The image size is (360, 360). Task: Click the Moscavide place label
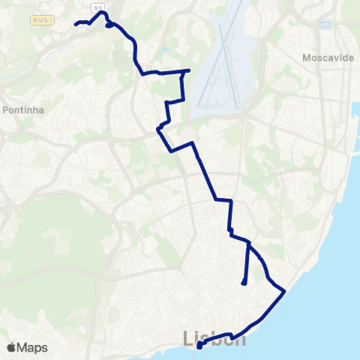(x=328, y=58)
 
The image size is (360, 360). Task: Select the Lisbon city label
(x=214, y=339)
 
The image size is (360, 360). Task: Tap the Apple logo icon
(x=12, y=347)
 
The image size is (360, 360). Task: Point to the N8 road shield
(x=98, y=7)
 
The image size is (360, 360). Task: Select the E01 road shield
(x=325, y=25)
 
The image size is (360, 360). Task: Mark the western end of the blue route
(x=76, y=24)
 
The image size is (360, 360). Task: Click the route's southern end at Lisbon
(x=199, y=346)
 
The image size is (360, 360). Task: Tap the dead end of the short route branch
(x=244, y=283)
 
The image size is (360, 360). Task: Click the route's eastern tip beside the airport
(x=188, y=70)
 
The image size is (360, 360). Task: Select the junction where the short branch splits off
(x=248, y=244)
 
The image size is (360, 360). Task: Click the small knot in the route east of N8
(x=110, y=25)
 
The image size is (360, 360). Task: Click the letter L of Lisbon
(x=188, y=338)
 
